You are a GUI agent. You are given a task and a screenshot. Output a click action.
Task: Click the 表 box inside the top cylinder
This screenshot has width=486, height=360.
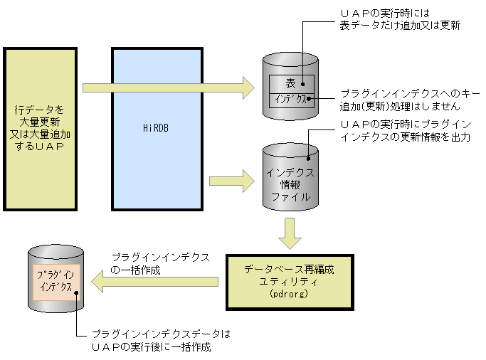pyautogui.click(x=290, y=83)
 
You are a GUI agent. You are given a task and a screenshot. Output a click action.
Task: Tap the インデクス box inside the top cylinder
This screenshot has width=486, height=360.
pyautogui.click(x=290, y=99)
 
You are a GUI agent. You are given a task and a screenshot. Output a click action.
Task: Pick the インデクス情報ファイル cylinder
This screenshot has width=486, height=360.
pyautogui.click(x=290, y=178)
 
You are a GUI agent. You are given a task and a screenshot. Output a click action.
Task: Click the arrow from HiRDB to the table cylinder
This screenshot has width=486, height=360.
pyautogui.click(x=168, y=88)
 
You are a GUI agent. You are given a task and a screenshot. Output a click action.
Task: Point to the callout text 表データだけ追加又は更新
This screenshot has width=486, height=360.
pyautogui.click(x=400, y=25)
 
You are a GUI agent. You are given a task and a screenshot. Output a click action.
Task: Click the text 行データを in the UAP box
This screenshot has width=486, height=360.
pyautogui.click(x=40, y=110)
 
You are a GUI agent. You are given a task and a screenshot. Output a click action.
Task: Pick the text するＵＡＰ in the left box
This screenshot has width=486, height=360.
pyautogui.click(x=40, y=146)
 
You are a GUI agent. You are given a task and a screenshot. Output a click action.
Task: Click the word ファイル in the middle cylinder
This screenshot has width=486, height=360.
pyautogui.click(x=290, y=196)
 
